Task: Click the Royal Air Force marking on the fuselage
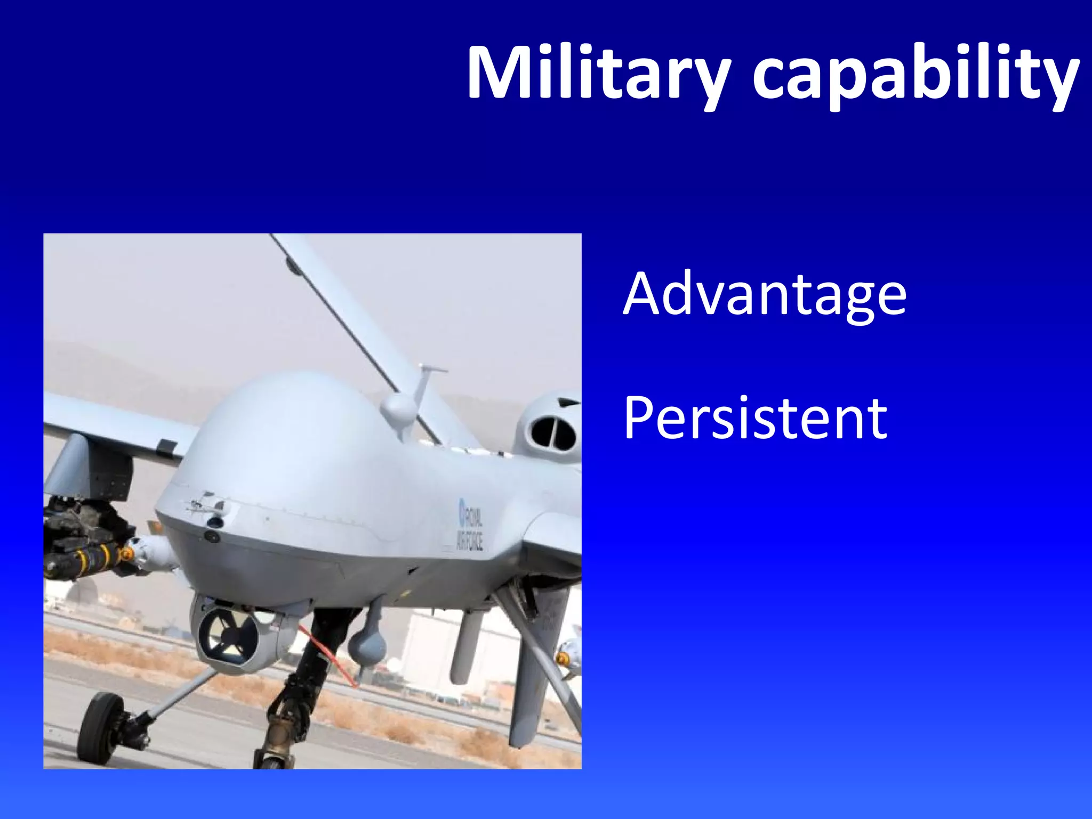(x=470, y=525)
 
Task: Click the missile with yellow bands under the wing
(x=85, y=560)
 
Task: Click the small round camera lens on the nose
(x=212, y=536)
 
